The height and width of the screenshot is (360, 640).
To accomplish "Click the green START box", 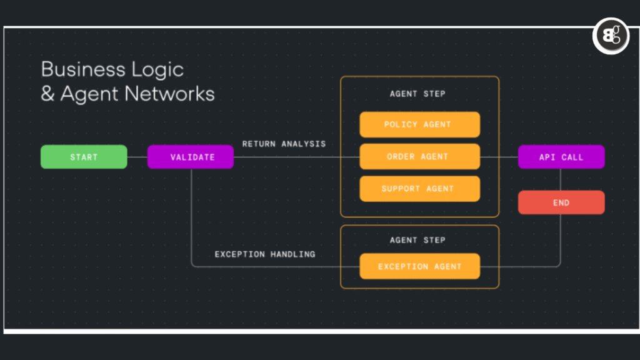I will click(84, 157).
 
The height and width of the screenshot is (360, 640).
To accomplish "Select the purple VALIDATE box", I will click(191, 157).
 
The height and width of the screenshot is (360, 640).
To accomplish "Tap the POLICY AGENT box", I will click(419, 124).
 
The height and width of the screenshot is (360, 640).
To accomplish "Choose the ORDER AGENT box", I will click(419, 157).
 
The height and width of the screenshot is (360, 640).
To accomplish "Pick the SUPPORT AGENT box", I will click(419, 189).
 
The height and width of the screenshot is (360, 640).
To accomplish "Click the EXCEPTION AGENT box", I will click(419, 266).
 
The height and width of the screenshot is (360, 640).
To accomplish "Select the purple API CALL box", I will click(561, 157).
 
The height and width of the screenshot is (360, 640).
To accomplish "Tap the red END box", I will click(561, 202).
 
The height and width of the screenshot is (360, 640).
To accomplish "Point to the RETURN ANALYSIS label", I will click(284, 144).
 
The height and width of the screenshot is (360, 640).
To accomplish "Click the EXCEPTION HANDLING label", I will click(265, 254).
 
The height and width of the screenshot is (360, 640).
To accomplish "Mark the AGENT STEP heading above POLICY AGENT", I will click(417, 94).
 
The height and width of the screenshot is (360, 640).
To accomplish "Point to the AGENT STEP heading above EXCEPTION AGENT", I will click(417, 240).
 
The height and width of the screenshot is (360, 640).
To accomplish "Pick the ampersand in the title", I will click(48, 94).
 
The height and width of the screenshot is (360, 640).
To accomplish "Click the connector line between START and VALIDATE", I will click(137, 157).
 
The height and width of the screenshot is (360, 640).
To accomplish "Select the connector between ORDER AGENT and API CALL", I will click(499, 157).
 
